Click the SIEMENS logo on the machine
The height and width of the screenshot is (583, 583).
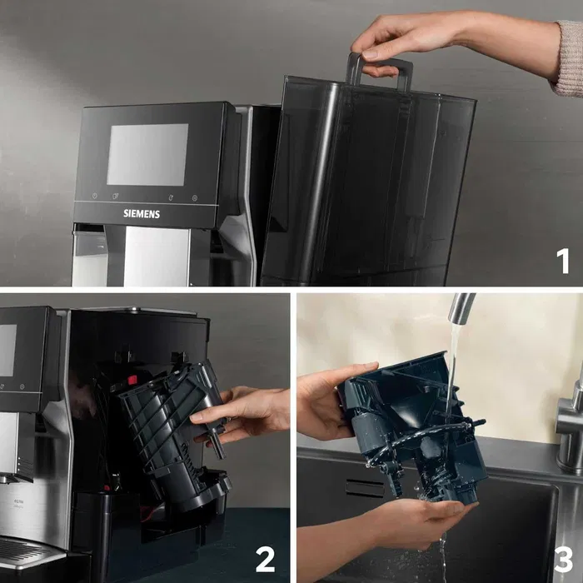click(142, 213)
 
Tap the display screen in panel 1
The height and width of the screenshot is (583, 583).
click(147, 155)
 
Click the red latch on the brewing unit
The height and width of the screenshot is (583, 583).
click(132, 380)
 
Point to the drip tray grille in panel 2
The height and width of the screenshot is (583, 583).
click(21, 550)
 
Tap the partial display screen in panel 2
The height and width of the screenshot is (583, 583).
click(7, 350)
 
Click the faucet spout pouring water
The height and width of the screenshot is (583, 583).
click(461, 307)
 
